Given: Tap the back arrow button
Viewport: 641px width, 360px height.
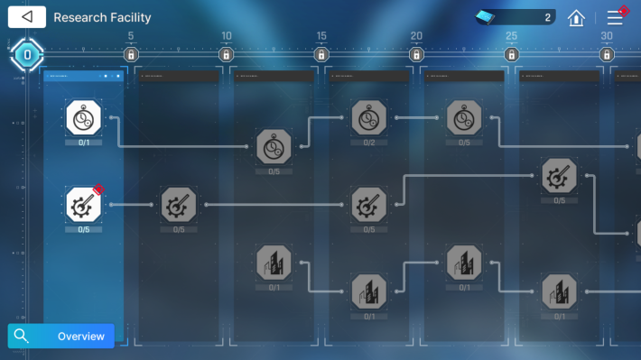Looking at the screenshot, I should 27,17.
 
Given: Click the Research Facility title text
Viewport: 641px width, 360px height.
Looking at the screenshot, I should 102,17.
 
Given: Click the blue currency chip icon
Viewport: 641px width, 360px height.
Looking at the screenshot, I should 488,17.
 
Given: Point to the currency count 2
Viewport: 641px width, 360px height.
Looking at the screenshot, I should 547,17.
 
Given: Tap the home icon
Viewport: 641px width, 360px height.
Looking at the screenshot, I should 576,17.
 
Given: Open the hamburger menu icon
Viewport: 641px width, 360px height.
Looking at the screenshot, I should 616,17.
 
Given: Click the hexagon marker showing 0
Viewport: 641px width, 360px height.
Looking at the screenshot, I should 27,55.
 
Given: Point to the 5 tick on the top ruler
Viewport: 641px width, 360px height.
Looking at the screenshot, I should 131,37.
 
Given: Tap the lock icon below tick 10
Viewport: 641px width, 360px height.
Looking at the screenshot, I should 226,55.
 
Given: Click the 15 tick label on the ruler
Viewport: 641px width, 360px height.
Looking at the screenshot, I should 321,37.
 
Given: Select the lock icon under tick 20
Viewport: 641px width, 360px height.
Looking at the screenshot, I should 416,55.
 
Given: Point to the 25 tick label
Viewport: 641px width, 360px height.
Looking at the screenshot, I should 512,37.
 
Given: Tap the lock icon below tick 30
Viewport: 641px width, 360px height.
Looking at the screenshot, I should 607,55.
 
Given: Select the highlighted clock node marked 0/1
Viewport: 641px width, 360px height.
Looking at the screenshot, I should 84,118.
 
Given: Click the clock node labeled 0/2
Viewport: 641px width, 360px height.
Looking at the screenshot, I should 368,118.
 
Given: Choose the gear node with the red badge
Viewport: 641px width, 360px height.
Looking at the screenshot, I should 84,206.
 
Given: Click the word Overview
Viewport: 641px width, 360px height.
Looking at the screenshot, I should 81,337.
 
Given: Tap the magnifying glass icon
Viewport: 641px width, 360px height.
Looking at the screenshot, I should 22,337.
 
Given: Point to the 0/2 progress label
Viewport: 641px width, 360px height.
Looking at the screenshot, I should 368,143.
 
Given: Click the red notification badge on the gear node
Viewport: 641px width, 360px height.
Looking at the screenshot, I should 99,189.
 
